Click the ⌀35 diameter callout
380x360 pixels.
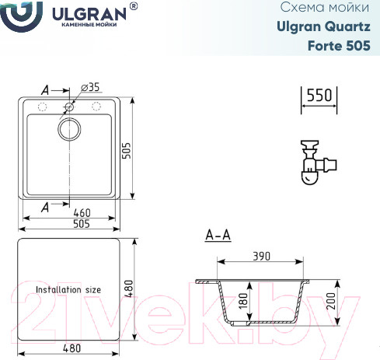[91, 86]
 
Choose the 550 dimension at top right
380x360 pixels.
[319, 95]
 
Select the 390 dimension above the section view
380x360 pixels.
[263, 256]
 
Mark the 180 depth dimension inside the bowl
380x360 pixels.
[242, 302]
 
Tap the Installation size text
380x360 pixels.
[68, 288]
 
